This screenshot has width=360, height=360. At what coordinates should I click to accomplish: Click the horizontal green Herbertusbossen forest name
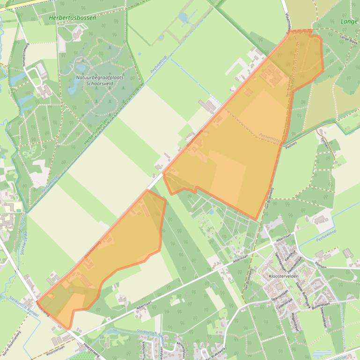click(72, 18)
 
